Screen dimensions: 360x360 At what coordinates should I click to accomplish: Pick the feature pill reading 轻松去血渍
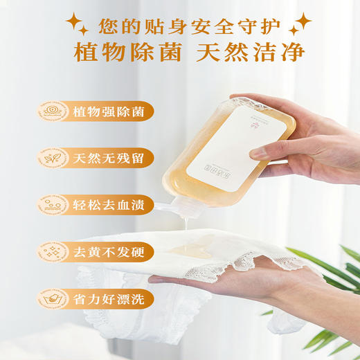pyautogui.click(x=111, y=204)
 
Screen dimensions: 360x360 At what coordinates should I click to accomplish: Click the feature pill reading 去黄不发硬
pyautogui.click(x=111, y=251)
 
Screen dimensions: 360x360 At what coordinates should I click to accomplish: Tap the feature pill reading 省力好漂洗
pyautogui.click(x=111, y=298)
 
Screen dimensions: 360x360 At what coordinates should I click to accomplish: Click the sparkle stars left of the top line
pyautogui.click(x=77, y=26)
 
